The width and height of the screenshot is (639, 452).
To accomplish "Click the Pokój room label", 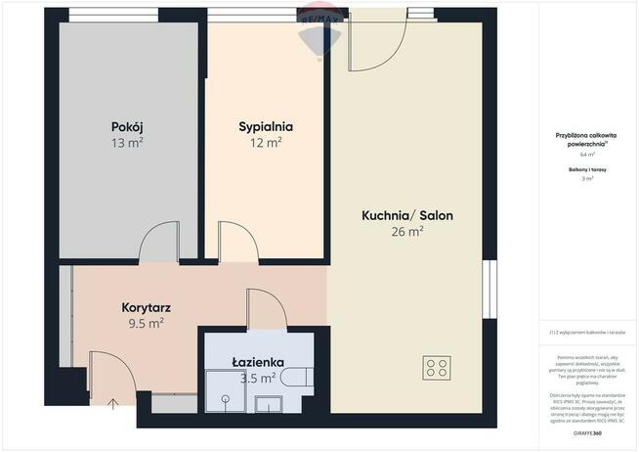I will click(128, 126).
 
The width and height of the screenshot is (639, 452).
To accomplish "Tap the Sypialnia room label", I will click(266, 126).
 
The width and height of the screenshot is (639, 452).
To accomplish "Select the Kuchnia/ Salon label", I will click(406, 216).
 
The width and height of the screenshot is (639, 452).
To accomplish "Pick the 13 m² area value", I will click(128, 143).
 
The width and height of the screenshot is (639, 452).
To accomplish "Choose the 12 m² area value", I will click(266, 143).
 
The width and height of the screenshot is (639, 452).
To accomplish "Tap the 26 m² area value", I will click(406, 233).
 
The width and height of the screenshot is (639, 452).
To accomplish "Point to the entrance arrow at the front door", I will click(110, 403).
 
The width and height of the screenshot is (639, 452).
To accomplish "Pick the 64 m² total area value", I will click(587, 155).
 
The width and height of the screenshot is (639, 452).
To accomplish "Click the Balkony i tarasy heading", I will click(587, 169).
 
